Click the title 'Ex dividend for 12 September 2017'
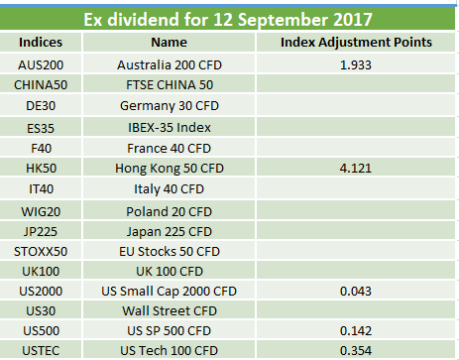[x=228, y=19]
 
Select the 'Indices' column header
[x=41, y=43]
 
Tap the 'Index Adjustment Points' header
[x=356, y=43]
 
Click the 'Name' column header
[x=170, y=43]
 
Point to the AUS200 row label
[x=41, y=65]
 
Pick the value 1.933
[x=356, y=65]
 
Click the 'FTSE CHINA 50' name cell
[x=170, y=85]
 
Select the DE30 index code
[x=41, y=106]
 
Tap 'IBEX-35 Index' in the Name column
[x=170, y=128]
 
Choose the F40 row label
[x=41, y=149]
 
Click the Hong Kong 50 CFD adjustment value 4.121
[x=356, y=169]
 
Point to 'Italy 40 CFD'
[x=169, y=189]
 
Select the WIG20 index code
[x=41, y=212]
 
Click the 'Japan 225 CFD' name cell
[x=170, y=232]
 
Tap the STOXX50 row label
[x=41, y=252]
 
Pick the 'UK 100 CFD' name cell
[x=170, y=272]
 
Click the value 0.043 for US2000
[x=356, y=292]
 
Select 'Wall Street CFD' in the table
[x=170, y=311]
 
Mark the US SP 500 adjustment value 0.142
[x=356, y=331]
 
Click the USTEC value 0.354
[x=356, y=351]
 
